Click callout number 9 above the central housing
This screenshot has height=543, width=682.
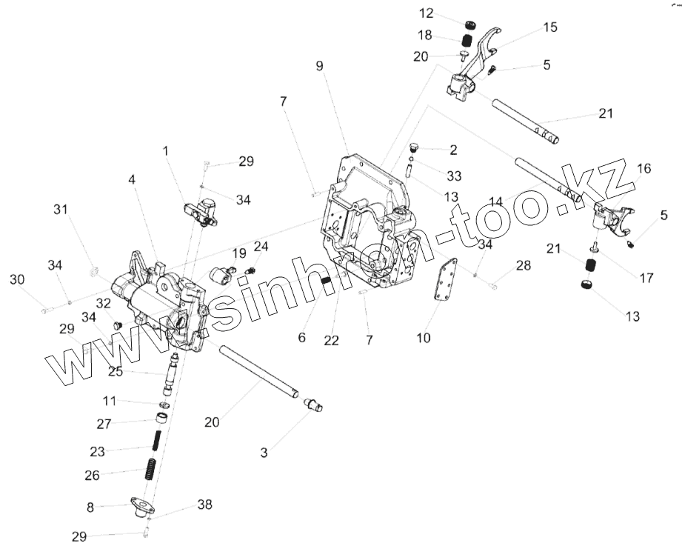point(319,66)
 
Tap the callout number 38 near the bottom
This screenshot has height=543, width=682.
point(204,504)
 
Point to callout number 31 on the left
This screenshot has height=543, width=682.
point(60,210)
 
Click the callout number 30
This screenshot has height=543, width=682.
point(17,279)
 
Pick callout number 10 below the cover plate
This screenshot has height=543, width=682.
point(423,338)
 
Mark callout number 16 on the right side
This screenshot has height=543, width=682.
point(643,169)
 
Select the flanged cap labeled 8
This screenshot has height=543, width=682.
point(139,507)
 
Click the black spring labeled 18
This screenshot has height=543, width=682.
point(467,39)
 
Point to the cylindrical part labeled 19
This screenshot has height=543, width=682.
point(221,276)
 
